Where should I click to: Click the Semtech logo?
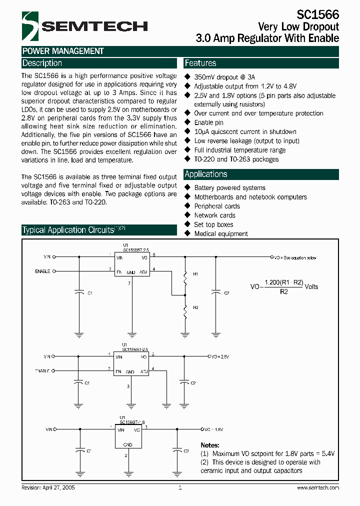[x=85, y=26]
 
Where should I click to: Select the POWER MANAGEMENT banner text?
[x=63, y=51]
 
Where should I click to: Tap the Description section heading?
[x=42, y=63]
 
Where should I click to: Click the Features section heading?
[x=200, y=63]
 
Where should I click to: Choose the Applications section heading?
[x=206, y=174]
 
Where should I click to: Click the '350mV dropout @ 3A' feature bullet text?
[x=224, y=77]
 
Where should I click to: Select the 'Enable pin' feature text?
[x=209, y=122]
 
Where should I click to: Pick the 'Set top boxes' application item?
[x=213, y=224]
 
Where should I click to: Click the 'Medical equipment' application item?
[x=221, y=233]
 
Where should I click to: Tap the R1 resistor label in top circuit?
[x=196, y=274]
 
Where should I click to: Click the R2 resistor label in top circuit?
[x=196, y=307]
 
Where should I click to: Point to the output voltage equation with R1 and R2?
[x=284, y=286]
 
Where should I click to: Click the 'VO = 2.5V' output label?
[x=218, y=356]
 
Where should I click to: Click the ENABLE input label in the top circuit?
[x=42, y=271]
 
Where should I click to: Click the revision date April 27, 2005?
[x=48, y=487]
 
